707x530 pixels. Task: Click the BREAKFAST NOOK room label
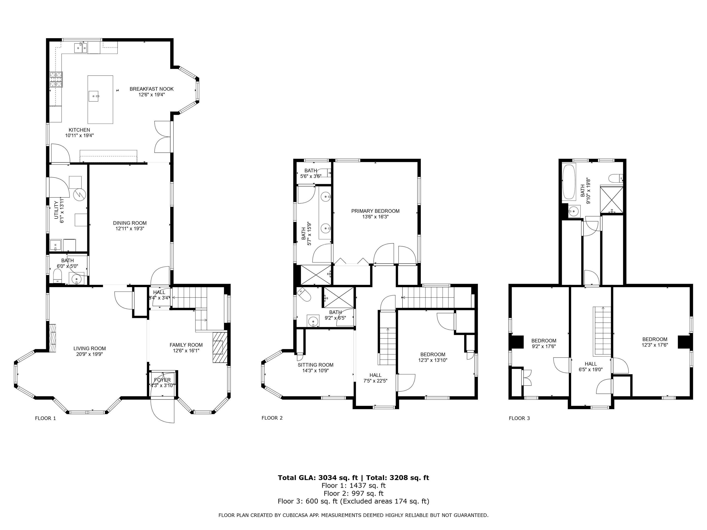[151, 89]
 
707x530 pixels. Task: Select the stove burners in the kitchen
[56, 79]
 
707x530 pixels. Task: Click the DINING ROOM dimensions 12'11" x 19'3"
[130, 229]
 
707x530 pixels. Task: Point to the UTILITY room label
[56, 210]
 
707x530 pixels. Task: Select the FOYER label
[162, 380]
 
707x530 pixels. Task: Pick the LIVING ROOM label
[90, 349]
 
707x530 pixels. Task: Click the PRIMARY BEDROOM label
[375, 211]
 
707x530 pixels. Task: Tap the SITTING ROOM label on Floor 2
[316, 365]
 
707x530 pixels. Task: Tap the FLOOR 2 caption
[272, 418]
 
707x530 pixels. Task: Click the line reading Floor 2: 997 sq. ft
[353, 493]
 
